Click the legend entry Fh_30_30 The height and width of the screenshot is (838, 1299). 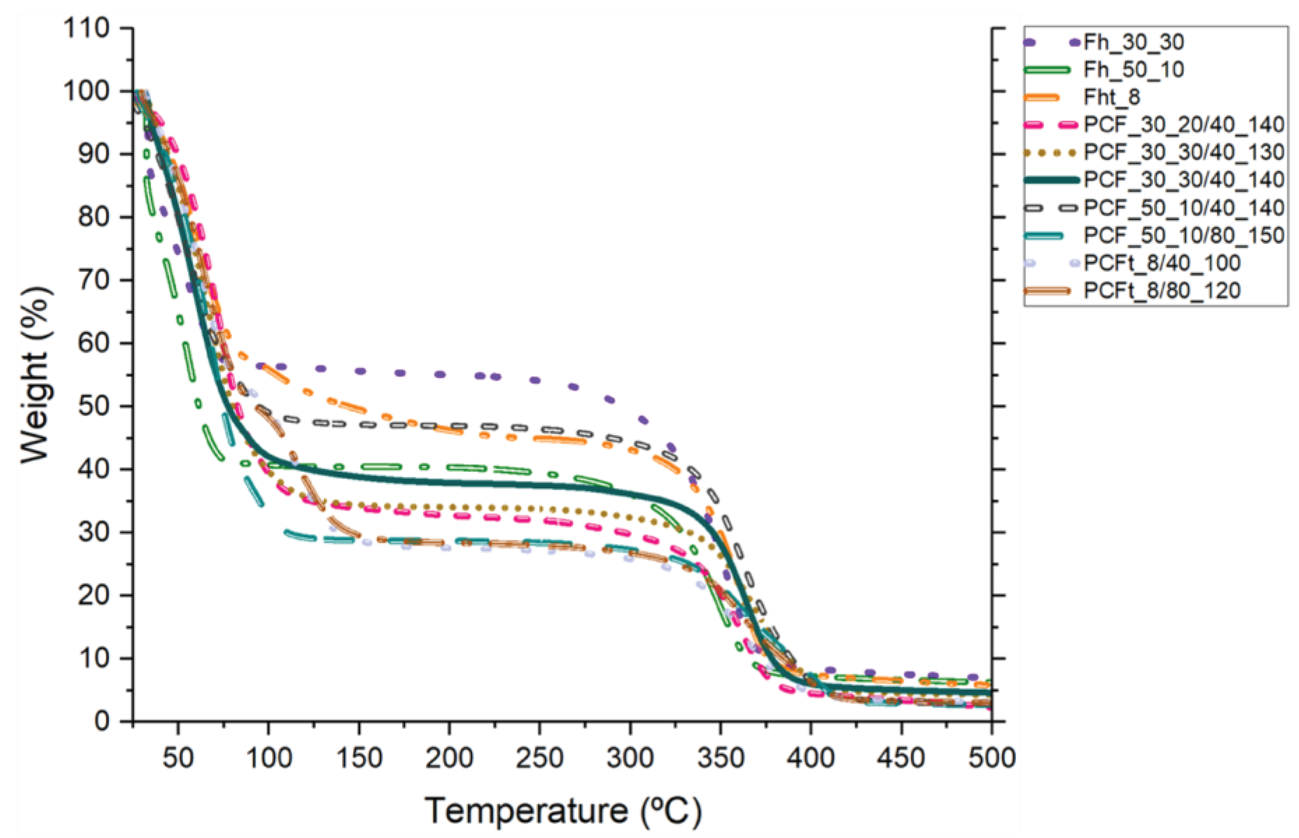1134,42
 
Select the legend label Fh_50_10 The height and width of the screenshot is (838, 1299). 1134,70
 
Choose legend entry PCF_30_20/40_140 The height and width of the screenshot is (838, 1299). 1184,125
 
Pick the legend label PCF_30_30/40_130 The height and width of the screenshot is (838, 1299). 1184,152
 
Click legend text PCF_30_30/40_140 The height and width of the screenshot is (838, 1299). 1184,180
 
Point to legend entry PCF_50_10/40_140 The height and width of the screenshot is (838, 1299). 1184,208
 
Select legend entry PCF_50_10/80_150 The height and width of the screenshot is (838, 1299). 1184,235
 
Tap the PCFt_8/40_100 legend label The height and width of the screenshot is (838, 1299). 1162,263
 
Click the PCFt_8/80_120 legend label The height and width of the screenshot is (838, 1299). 1162,291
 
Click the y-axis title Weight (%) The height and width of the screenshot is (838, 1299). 37,375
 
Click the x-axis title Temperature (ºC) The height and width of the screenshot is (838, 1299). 562,811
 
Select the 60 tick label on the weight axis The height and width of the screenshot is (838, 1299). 94,343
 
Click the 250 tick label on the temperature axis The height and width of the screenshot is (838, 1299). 539,758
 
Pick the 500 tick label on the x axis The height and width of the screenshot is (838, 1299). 991,758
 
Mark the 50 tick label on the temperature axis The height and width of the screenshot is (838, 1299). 178,758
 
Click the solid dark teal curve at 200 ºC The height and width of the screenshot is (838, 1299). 449,483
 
